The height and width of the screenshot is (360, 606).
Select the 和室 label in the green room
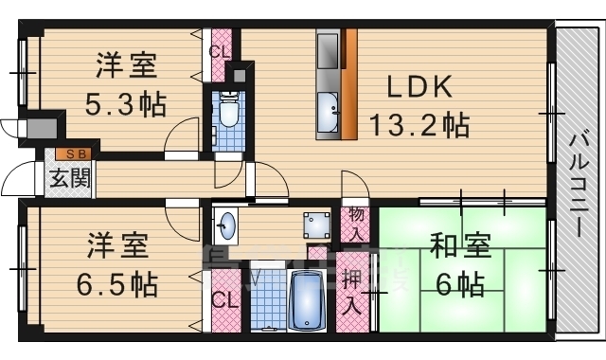point(461,248)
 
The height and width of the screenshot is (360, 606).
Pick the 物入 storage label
point(356,225)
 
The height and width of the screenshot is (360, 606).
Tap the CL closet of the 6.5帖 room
point(223,301)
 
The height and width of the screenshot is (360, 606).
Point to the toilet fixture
point(228,112)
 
